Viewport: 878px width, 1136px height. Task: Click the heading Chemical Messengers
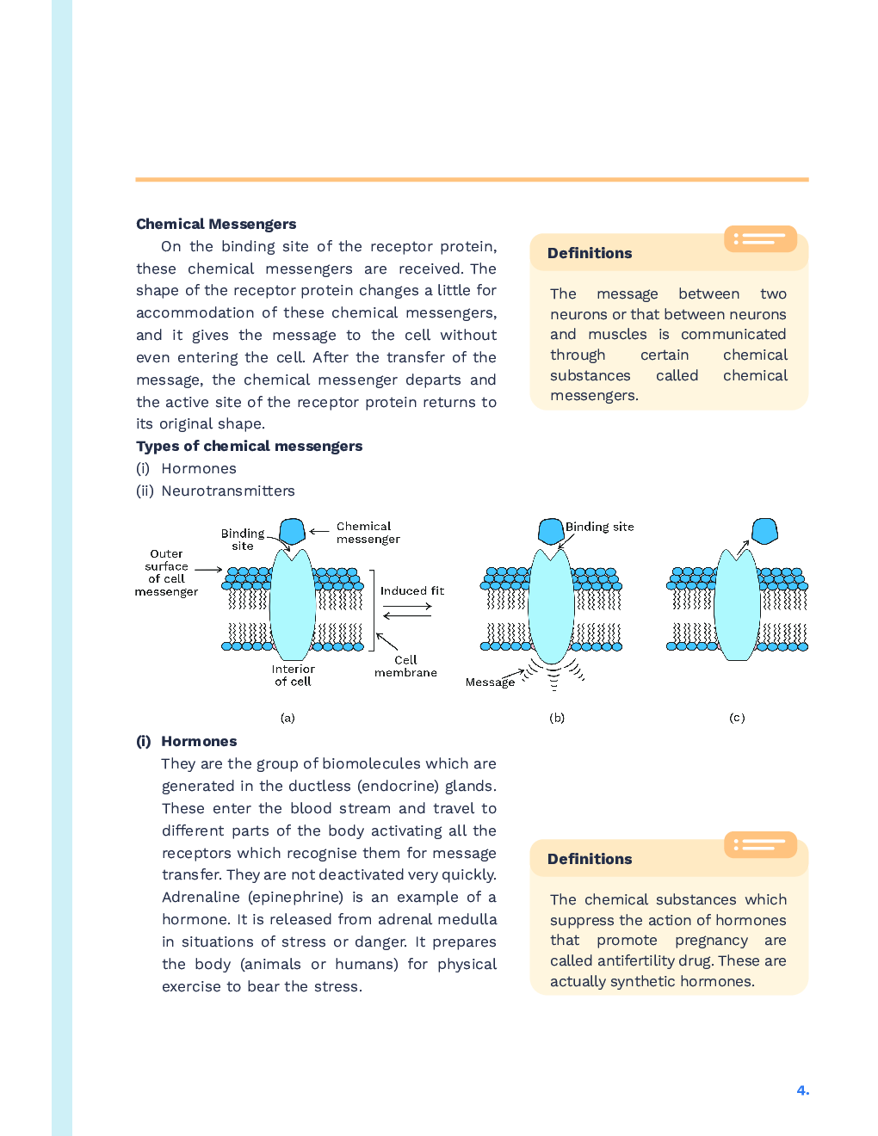[216, 224]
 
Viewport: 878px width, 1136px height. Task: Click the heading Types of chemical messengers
[249, 446]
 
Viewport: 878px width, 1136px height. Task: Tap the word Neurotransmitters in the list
[228, 491]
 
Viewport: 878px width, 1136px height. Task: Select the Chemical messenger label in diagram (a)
[368, 533]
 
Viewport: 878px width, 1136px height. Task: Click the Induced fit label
[412, 591]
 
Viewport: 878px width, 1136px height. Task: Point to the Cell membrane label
[405, 667]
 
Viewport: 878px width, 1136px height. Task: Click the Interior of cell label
[293, 675]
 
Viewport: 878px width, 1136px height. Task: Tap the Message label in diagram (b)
[490, 682]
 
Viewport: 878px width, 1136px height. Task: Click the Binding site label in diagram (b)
[599, 527]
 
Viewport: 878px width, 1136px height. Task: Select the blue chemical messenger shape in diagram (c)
[764, 531]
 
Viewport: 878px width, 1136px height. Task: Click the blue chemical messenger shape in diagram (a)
[293, 531]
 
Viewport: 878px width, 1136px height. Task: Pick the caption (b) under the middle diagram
[557, 718]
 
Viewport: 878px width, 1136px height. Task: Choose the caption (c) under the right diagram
[737, 718]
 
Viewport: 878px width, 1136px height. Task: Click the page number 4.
[802, 1090]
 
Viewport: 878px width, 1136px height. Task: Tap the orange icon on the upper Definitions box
[760, 238]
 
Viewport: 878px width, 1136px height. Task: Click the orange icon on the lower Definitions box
[760, 844]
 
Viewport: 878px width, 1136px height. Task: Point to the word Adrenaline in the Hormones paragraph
[201, 897]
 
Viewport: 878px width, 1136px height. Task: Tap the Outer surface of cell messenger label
[166, 573]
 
